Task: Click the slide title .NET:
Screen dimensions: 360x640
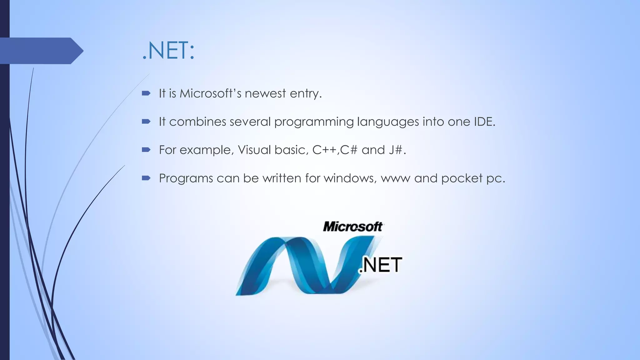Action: (x=168, y=51)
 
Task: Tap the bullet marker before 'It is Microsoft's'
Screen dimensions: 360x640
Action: (x=146, y=93)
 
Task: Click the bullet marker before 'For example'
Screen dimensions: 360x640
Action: (x=146, y=150)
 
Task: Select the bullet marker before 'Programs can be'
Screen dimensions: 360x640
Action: (x=146, y=178)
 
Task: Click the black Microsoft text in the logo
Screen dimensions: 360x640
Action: (x=352, y=227)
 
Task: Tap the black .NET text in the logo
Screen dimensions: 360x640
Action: (x=380, y=265)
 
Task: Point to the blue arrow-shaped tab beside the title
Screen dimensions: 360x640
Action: (x=41, y=51)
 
